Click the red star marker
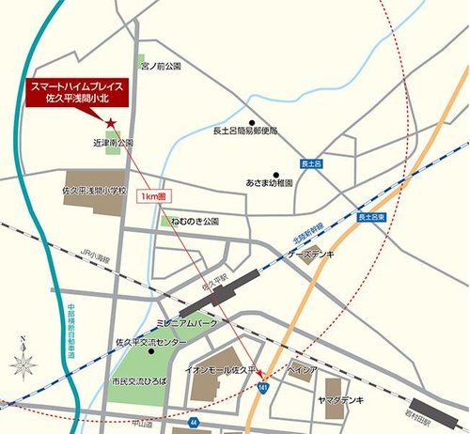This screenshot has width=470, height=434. click(x=111, y=123)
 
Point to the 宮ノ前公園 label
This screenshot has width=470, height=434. click(x=160, y=68)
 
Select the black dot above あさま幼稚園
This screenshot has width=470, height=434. click(x=276, y=174)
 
